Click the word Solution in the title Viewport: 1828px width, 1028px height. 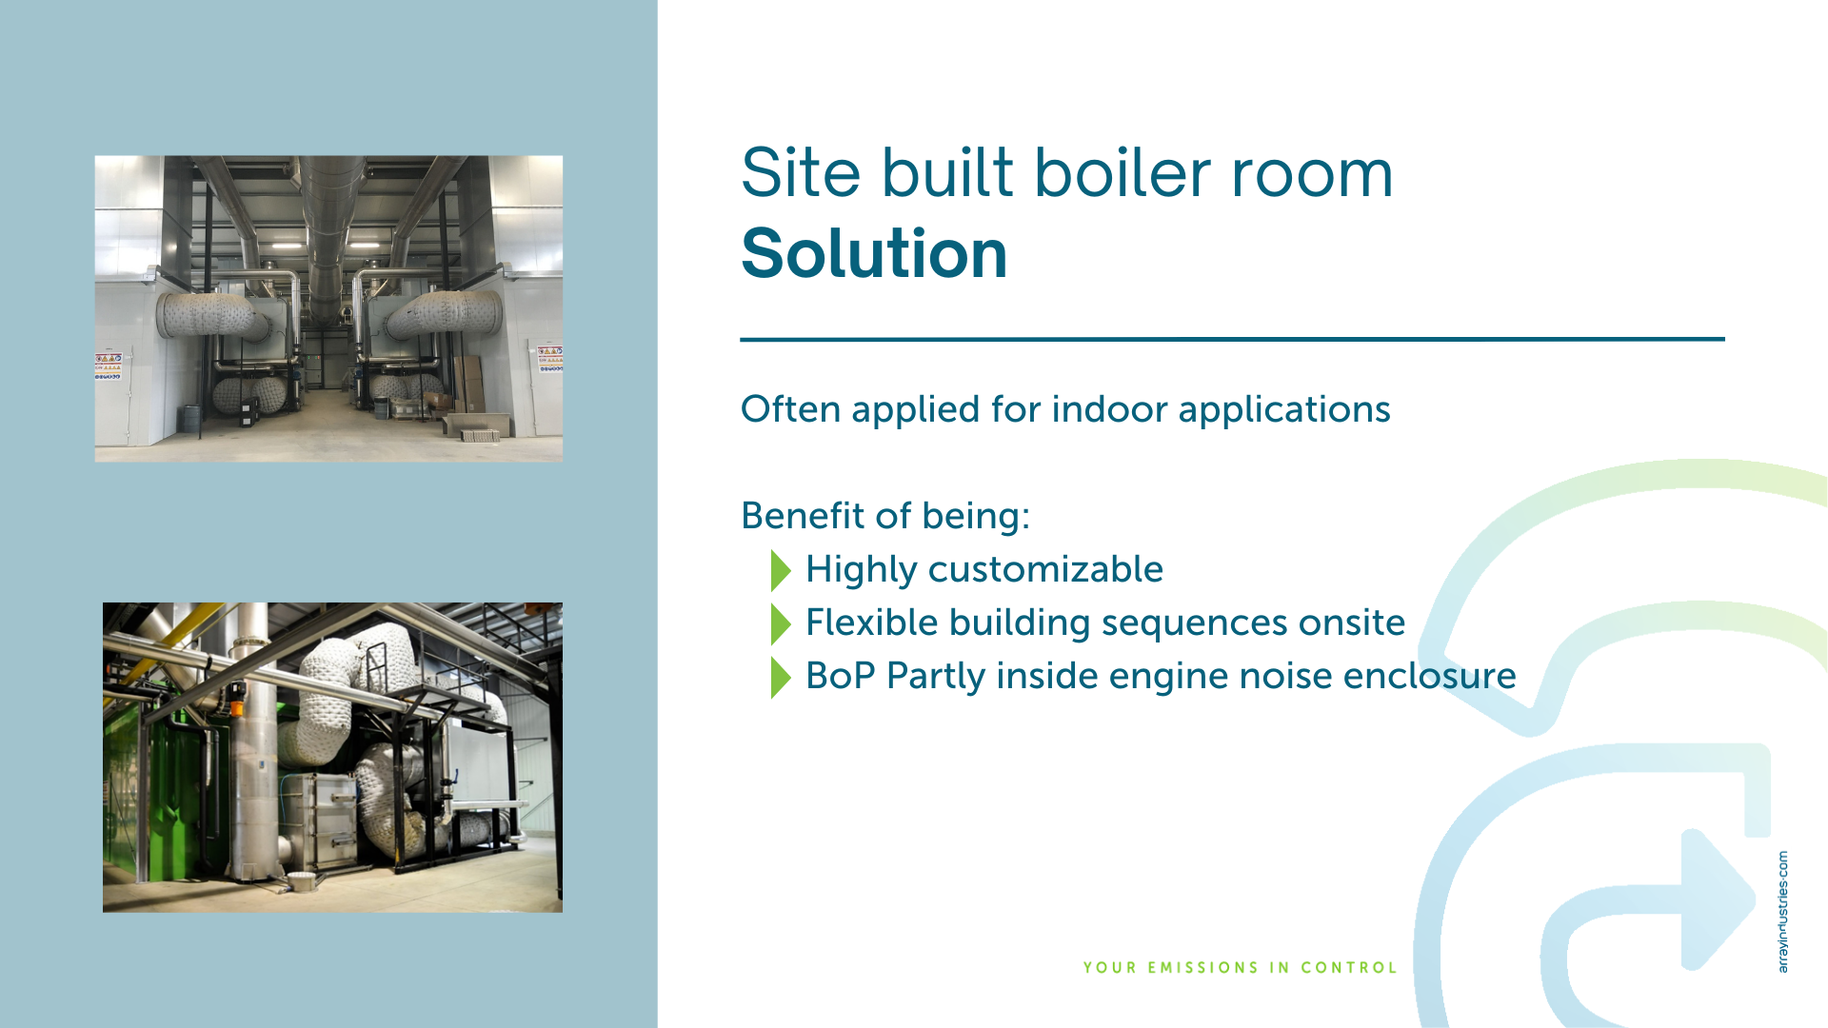coord(874,254)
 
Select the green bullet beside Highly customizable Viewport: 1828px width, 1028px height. coord(781,570)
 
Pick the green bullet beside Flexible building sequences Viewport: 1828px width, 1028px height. coord(781,623)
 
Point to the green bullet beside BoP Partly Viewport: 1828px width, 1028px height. coord(781,677)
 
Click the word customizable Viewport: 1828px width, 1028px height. coord(1045,569)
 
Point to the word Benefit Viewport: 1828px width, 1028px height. coord(803,516)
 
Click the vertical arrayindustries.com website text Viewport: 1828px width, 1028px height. coord(1782,912)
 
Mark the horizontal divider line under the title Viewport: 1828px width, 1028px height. coord(1232,339)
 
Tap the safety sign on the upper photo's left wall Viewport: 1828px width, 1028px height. coord(108,366)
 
